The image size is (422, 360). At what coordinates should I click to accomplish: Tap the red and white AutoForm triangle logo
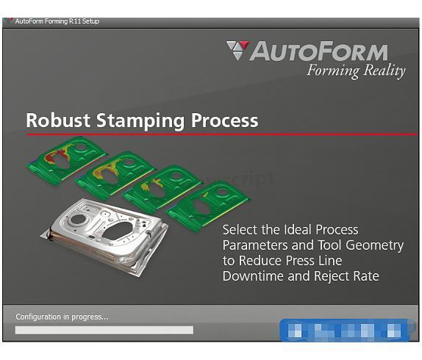pos(237,51)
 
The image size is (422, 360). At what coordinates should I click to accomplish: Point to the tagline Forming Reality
pos(356,71)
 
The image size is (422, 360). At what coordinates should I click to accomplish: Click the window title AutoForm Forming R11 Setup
pos(57,21)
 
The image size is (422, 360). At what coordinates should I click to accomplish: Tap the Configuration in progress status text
pos(62,317)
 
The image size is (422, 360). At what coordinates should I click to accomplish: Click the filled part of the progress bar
pos(104,330)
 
